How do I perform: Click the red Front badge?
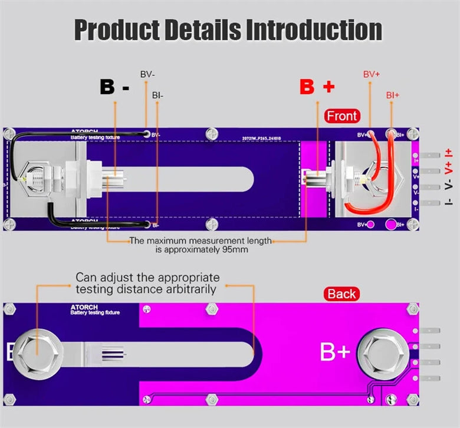click(x=342, y=116)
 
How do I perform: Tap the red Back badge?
click(x=342, y=294)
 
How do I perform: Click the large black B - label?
click(x=115, y=87)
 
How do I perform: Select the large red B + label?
click(x=317, y=87)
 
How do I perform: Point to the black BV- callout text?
click(x=148, y=75)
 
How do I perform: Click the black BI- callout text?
click(x=158, y=95)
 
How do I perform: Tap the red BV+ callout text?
click(x=372, y=75)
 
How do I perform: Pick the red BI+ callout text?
click(x=393, y=95)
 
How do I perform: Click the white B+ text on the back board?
click(x=335, y=352)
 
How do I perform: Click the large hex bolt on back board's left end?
click(x=36, y=351)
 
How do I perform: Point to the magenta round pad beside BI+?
click(x=390, y=225)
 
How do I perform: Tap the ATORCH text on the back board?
click(x=80, y=307)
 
